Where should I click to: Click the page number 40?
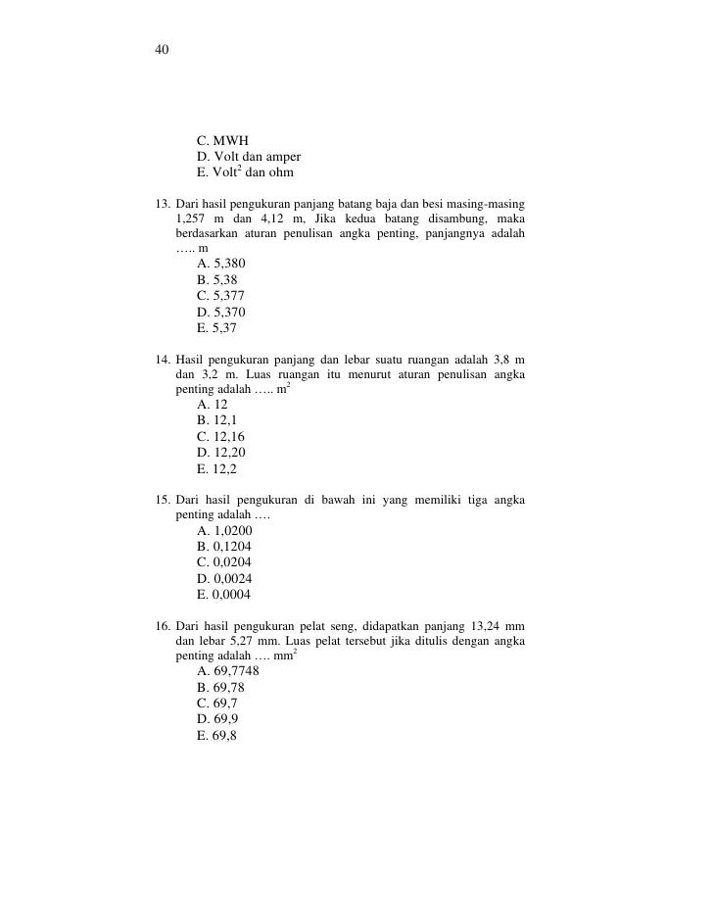(x=162, y=50)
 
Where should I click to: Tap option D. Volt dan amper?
(x=248, y=158)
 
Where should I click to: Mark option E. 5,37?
(x=217, y=328)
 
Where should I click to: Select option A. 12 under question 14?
(x=214, y=405)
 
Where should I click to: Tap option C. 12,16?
(x=221, y=436)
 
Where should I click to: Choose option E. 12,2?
(x=217, y=469)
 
